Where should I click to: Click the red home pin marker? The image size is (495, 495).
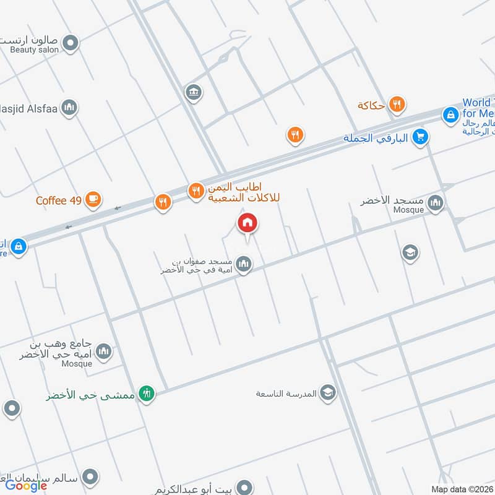[247, 223]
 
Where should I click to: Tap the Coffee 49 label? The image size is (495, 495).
[59, 200]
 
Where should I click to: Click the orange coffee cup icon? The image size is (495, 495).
[93, 199]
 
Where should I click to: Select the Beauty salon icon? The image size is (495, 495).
[72, 43]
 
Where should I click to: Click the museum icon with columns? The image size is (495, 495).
[193, 93]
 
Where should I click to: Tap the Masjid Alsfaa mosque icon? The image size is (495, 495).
[69, 108]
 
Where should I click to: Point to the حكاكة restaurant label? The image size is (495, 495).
[371, 105]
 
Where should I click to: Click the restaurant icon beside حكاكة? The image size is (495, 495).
[397, 105]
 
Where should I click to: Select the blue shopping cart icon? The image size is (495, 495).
[421, 137]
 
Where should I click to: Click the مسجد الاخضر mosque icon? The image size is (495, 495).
[436, 202]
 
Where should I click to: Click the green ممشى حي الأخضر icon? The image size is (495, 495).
[147, 394]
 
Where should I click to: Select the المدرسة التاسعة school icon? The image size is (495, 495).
[328, 392]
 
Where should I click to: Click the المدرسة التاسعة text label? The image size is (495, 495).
[286, 394]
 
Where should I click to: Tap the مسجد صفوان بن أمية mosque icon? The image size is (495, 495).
[244, 265]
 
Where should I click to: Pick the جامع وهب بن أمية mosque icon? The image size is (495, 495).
[104, 351]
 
